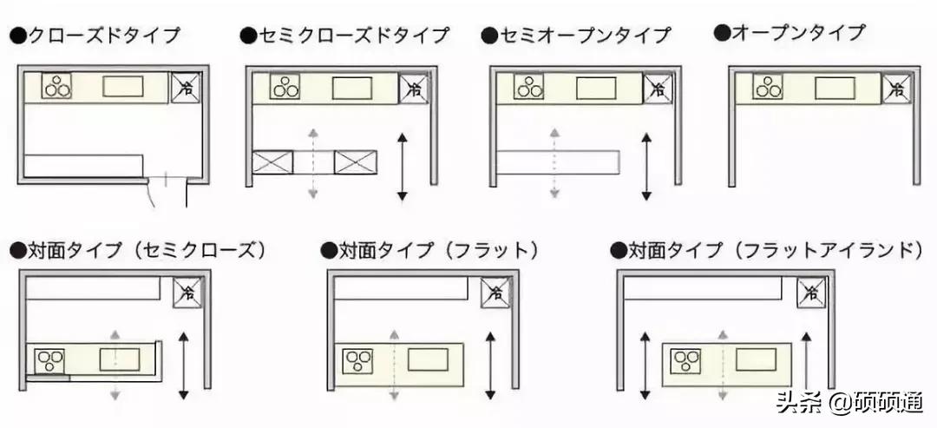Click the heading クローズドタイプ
coord(95,36)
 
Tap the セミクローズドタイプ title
coord(344,36)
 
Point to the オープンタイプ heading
coord(790,33)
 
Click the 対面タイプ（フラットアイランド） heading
coord(767,250)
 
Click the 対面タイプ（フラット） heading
coord(429,250)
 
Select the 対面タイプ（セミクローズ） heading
coord(138,250)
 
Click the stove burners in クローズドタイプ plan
coord(56,86)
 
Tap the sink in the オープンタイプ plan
coord(835,88)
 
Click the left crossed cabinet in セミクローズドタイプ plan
coord(272,162)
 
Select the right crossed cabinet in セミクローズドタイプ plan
coord(356,162)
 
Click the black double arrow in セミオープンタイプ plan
coord(646,167)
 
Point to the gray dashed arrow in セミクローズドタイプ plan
coord(312,162)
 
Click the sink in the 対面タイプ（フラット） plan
coord(428,359)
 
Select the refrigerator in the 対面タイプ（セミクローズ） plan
coord(188,293)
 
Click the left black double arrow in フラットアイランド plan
coord(645,366)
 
